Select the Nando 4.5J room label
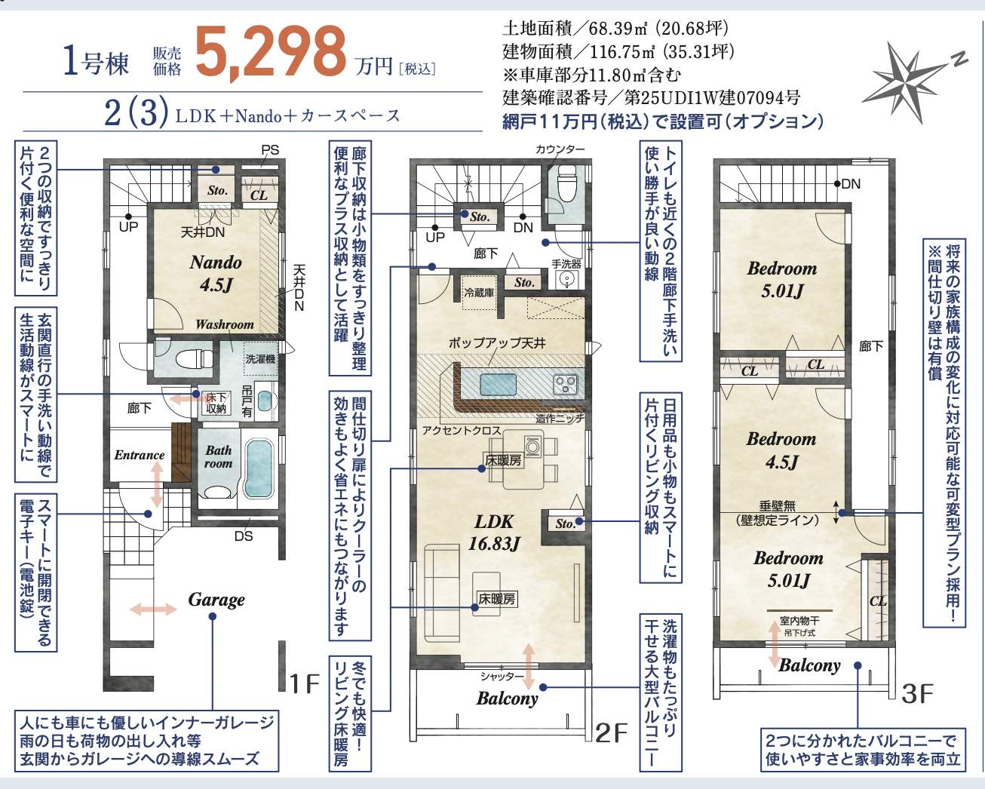tap(216, 273)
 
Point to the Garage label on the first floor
tap(216, 600)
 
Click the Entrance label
tap(139, 455)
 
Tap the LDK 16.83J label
tap(493, 532)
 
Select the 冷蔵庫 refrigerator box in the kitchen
tap(478, 293)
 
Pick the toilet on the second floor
tap(565, 183)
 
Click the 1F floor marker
tap(305, 683)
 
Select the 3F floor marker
tap(917, 692)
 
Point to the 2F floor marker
tap(611, 732)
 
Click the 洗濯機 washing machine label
tap(260, 359)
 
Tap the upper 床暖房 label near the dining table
tap(503, 459)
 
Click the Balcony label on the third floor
tap(809, 665)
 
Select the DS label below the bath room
tap(243, 536)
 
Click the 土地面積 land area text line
tap(615, 29)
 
